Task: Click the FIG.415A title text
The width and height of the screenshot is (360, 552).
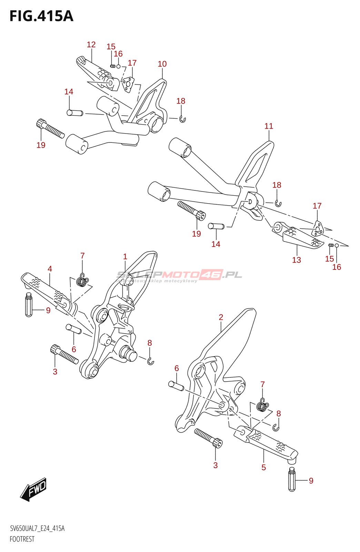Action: (41, 16)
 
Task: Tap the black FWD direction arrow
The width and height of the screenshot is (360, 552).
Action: (33, 489)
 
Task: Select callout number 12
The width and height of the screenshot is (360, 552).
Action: (91, 45)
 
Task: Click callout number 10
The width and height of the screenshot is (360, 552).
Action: (162, 64)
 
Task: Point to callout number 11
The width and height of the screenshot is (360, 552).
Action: (269, 126)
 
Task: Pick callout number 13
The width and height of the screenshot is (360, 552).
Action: (297, 260)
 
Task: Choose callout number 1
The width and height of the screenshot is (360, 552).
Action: (125, 256)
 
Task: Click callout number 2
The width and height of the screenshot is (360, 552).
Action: (221, 317)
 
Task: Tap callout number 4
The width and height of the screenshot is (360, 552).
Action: (50, 269)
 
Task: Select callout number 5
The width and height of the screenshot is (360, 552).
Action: (264, 467)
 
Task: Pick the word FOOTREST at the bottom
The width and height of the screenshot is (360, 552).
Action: (22, 539)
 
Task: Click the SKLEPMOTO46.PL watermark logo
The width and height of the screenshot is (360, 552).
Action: (179, 275)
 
